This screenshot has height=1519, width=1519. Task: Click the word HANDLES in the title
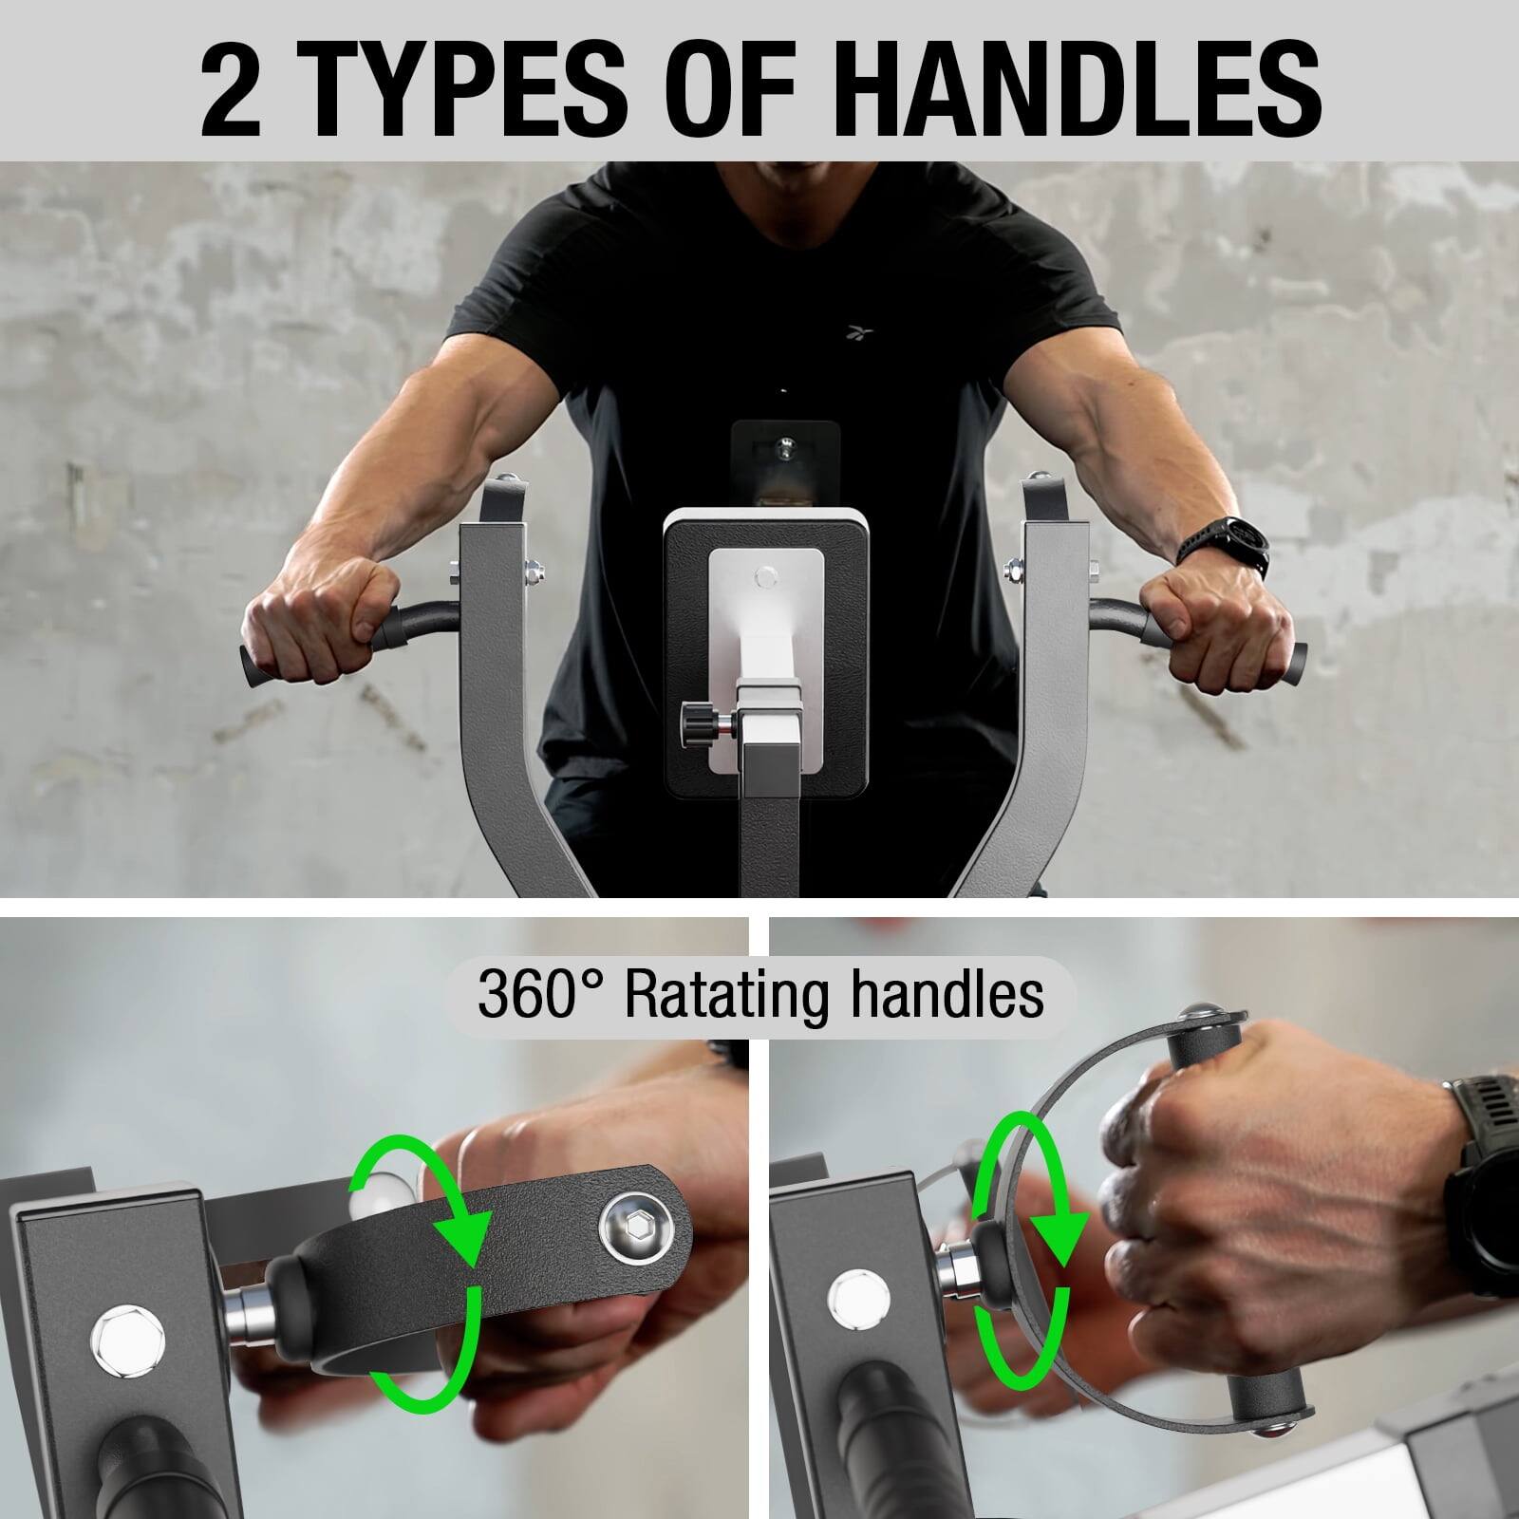1081,84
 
